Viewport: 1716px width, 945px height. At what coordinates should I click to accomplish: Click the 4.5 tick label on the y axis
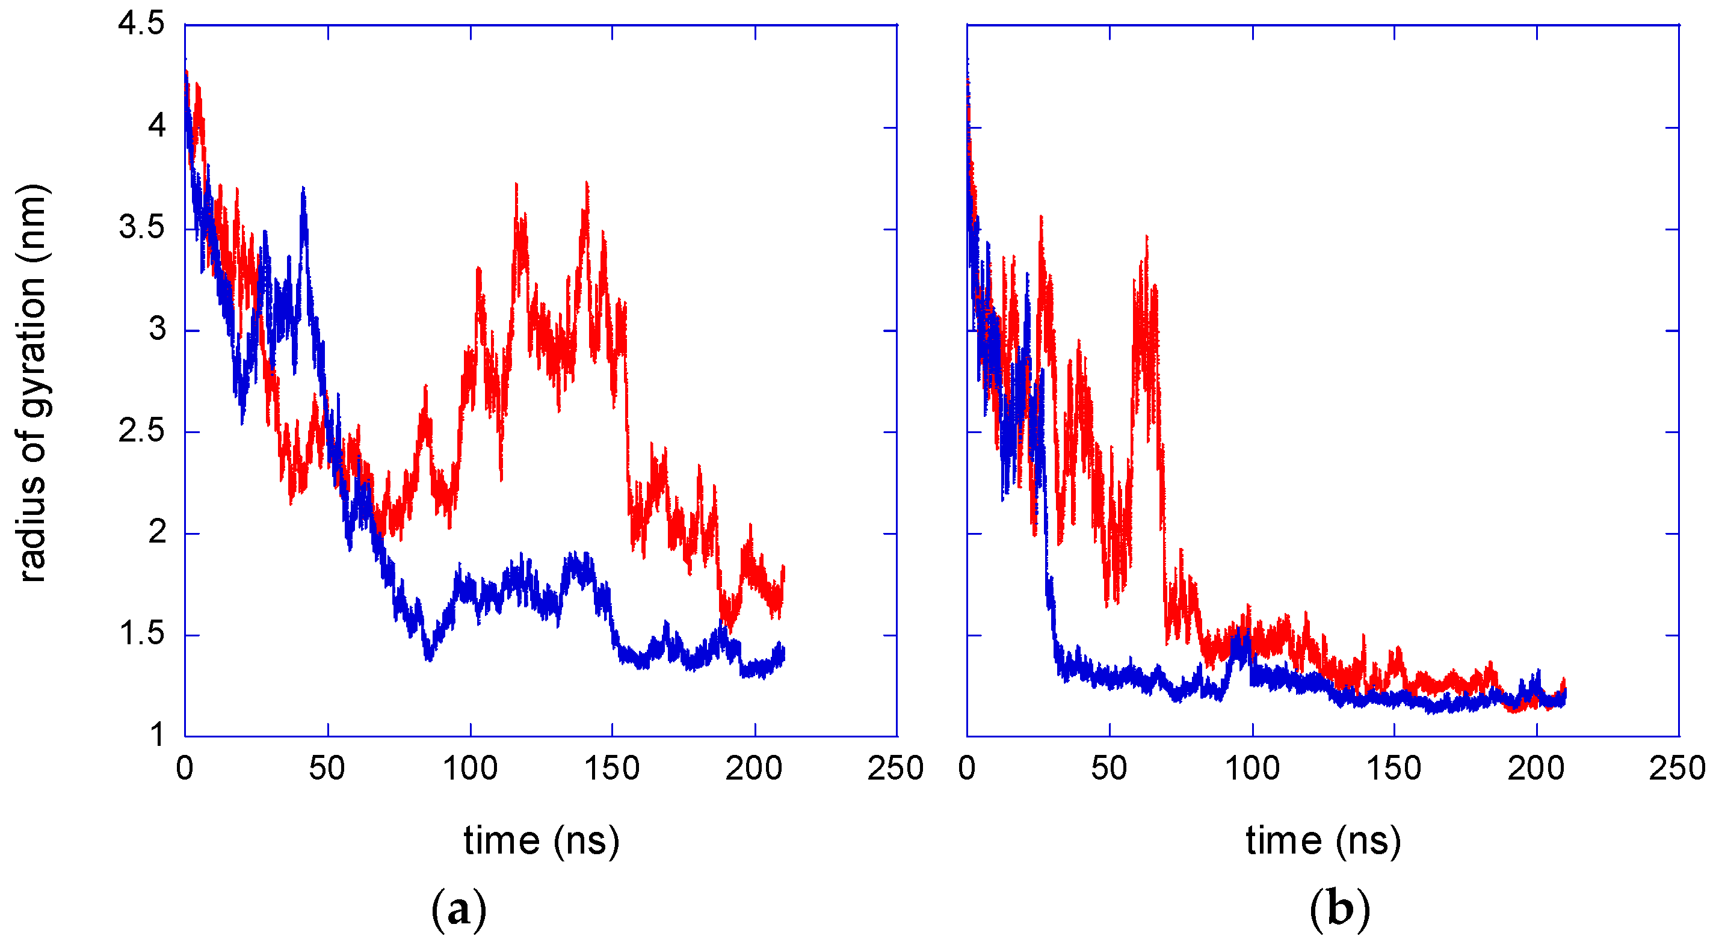(x=141, y=25)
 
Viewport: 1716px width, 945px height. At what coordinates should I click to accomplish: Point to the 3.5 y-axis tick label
(x=141, y=228)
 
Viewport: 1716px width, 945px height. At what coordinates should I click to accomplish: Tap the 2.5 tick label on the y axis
(x=141, y=431)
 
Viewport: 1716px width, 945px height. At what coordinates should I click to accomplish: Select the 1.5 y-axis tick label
(x=141, y=634)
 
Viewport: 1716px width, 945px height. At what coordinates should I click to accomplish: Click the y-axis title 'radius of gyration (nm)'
(x=32, y=383)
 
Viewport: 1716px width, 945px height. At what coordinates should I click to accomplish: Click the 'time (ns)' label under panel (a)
(x=541, y=840)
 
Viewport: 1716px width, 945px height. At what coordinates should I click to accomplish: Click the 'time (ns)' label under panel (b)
(x=1323, y=840)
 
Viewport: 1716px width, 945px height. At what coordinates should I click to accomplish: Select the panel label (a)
(x=458, y=910)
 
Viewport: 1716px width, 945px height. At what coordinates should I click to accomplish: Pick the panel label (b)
(x=1339, y=910)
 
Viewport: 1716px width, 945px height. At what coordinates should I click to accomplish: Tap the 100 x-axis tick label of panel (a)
(x=470, y=769)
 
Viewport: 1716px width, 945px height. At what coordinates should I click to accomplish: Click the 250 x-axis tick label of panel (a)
(x=895, y=769)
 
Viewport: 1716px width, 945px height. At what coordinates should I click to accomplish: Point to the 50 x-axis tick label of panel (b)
(x=1108, y=769)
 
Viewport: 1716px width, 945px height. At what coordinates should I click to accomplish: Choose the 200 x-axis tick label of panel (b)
(x=1535, y=769)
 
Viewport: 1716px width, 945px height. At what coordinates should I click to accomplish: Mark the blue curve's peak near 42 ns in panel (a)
(x=303, y=190)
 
